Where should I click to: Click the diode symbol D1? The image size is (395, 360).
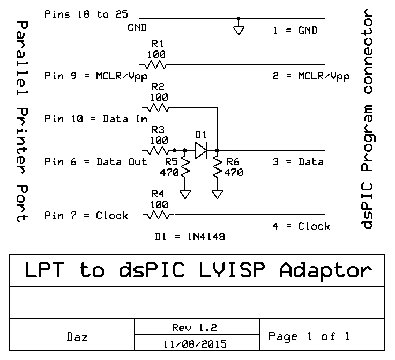click(201, 150)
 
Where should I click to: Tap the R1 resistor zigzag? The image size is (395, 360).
click(157, 65)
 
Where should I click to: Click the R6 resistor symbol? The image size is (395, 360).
click(217, 167)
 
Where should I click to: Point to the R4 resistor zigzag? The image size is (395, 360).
click(157, 215)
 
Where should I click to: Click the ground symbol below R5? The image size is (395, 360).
click(185, 194)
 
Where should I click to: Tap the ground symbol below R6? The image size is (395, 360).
click(217, 194)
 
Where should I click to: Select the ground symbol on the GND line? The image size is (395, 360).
click(239, 30)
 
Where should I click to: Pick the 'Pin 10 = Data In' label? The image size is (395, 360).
click(96, 119)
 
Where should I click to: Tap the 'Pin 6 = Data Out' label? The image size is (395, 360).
click(96, 162)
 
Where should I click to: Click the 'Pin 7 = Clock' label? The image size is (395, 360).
click(86, 216)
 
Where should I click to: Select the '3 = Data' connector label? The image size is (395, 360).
click(297, 162)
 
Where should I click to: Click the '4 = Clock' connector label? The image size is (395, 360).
click(301, 226)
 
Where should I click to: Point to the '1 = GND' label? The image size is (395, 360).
click(295, 31)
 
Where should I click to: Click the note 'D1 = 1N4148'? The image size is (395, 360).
click(190, 236)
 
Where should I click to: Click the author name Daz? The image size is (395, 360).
click(78, 337)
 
